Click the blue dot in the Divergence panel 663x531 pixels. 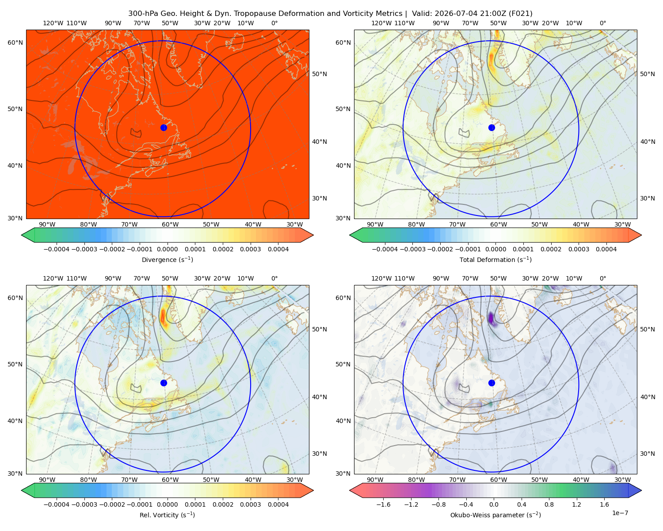click(164, 128)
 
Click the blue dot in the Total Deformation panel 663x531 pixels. click(492, 128)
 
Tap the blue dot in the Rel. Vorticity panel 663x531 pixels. click(164, 383)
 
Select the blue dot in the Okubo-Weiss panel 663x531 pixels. click(492, 383)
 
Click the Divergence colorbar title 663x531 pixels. click(167, 260)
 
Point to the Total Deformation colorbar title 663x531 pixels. click(495, 260)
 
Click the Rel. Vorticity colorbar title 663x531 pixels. click(167, 515)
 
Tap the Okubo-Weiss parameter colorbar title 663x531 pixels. click(495, 515)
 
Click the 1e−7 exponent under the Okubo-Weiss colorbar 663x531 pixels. click(620, 513)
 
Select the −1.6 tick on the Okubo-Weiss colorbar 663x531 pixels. click(383, 504)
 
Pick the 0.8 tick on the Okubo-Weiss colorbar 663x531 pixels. click(549, 504)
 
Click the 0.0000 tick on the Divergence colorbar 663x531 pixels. click(167, 249)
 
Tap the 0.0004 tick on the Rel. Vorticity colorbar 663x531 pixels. click(278, 504)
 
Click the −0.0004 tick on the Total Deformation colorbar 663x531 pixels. click(385, 249)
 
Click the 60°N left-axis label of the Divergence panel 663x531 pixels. click(15, 42)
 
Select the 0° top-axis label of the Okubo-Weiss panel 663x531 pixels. click(603, 278)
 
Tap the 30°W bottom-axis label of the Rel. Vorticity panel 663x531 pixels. click(294, 480)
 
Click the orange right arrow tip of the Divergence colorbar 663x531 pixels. click(313, 235)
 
